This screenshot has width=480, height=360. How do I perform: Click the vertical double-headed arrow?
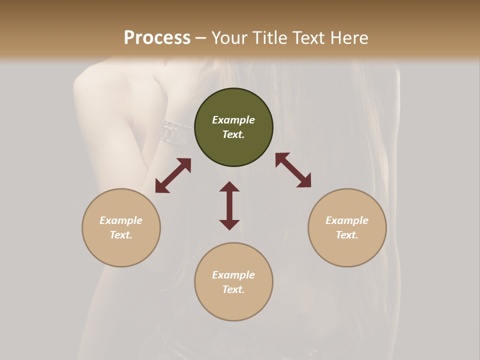coord(229,205)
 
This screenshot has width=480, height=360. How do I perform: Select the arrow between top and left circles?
coord(173,175)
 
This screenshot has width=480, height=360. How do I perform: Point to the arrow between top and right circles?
coord(293,170)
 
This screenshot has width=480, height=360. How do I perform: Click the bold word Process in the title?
coord(157,37)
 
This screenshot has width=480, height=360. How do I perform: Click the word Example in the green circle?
coord(233,120)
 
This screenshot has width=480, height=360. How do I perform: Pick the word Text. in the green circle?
coord(233,134)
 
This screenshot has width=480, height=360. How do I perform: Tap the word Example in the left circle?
coord(121,220)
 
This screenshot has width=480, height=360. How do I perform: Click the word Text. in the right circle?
coord(347,235)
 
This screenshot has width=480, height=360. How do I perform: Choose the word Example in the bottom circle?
coord(233,275)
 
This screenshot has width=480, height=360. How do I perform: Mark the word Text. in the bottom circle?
coord(233,289)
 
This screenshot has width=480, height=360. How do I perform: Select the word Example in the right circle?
coord(347,220)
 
